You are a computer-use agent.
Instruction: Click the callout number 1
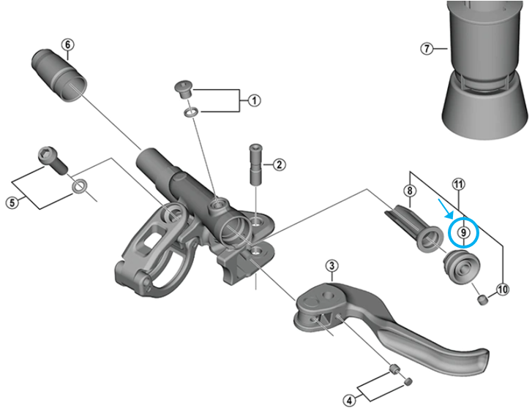tap(254, 100)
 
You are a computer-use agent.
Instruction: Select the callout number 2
tap(279, 164)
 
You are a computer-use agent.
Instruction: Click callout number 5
tap(12, 202)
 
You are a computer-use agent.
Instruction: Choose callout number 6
tap(67, 45)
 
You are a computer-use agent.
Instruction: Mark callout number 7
tap(427, 49)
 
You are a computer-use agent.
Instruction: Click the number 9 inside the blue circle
tap(462, 232)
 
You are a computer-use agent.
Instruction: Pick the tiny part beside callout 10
tap(482, 299)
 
